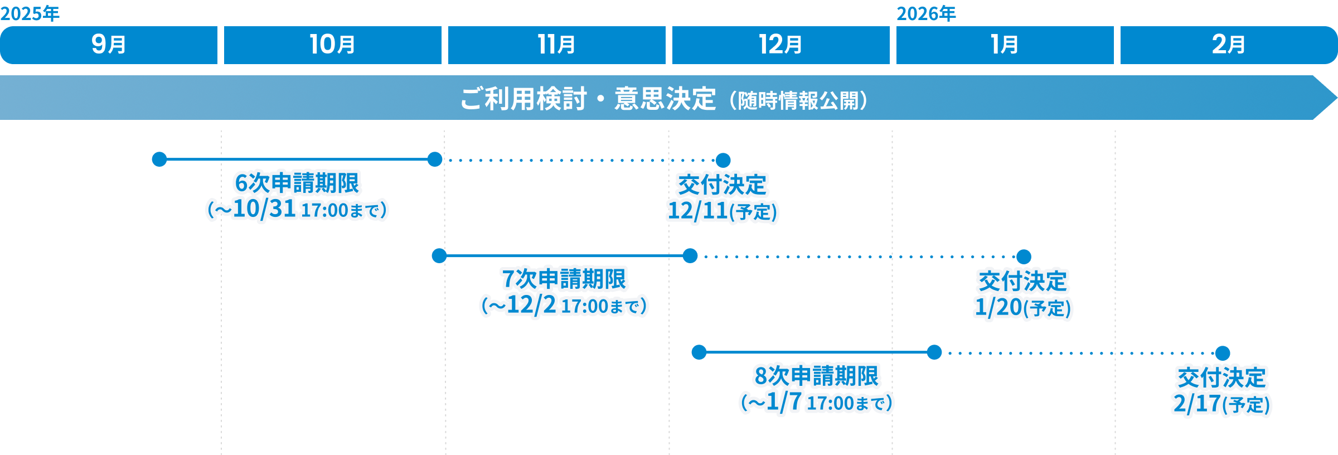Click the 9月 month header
click(109, 45)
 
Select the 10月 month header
click(332, 45)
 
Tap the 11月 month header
click(556, 45)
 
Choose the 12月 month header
click(780, 45)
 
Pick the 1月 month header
click(1005, 45)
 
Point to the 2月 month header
click(1229, 45)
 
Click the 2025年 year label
click(30, 13)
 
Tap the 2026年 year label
click(926, 13)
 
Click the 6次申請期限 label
click(297, 183)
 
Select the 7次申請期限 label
click(564, 279)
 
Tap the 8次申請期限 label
click(816, 375)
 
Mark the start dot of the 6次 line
click(159, 159)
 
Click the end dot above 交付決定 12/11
click(723, 160)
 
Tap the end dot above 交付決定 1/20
click(1024, 256)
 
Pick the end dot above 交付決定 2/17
click(1223, 353)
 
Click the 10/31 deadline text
click(264, 209)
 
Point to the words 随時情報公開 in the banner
click(798, 101)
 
